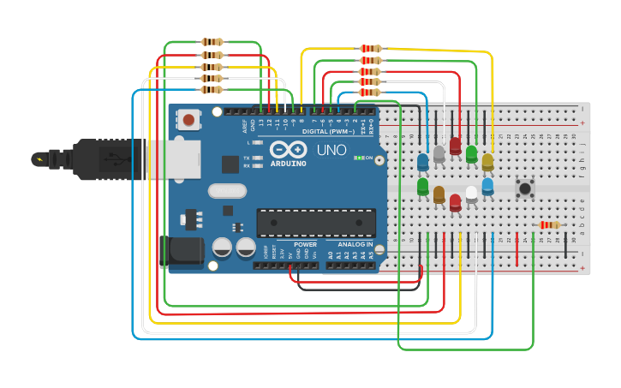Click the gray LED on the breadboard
pyautogui.click(x=439, y=153)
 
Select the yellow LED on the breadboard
pyautogui.click(x=487, y=162)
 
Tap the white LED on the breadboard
pyautogui.click(x=471, y=194)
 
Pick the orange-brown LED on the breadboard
pyautogui.click(x=439, y=194)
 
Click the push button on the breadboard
pyautogui.click(x=524, y=188)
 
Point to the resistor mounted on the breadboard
pyautogui.click(x=549, y=225)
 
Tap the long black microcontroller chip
pyautogui.click(x=316, y=223)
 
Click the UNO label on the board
pyautogui.click(x=331, y=151)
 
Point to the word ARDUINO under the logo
pyautogui.click(x=288, y=164)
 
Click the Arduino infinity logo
pyautogui.click(x=289, y=149)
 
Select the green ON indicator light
pyautogui.click(x=358, y=158)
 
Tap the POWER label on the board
pyautogui.click(x=305, y=245)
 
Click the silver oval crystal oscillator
pyautogui.click(x=226, y=191)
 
